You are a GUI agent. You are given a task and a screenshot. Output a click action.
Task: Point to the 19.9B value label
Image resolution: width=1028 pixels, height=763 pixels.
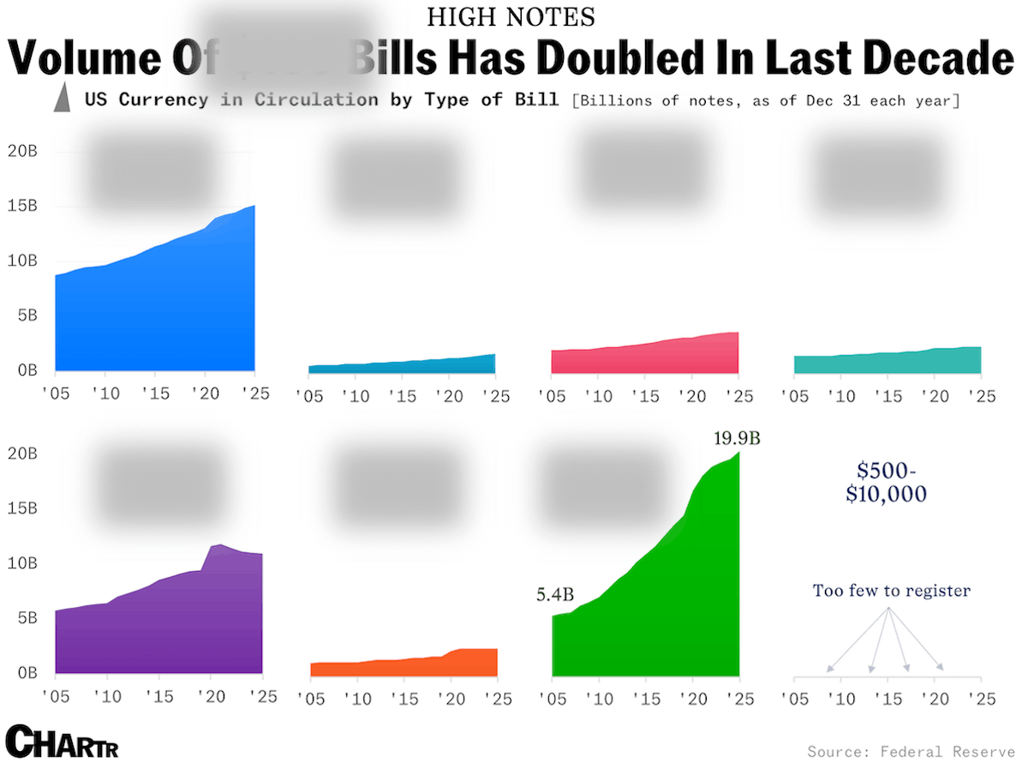(737, 439)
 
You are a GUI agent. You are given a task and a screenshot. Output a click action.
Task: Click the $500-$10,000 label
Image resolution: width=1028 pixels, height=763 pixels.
(886, 483)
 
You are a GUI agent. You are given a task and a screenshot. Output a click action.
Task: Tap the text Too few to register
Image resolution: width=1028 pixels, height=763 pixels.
(891, 591)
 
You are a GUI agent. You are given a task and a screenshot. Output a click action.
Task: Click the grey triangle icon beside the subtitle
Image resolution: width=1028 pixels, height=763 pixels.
(62, 99)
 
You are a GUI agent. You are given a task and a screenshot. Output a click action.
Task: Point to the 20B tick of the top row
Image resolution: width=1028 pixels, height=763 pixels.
(21, 152)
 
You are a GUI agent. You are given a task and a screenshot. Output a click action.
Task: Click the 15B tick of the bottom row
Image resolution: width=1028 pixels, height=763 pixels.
(21, 508)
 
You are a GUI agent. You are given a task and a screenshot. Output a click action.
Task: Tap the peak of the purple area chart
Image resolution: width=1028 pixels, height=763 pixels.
(220, 544)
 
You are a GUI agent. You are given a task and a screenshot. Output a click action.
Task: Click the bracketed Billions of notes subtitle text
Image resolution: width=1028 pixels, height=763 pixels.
(765, 100)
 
